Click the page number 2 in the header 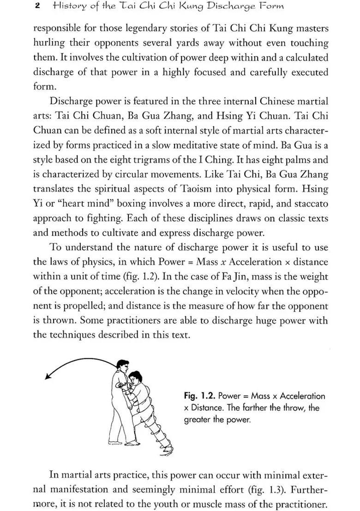[36, 6]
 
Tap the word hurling [49, 43]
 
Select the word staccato [310, 204]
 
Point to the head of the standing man [121, 368]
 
